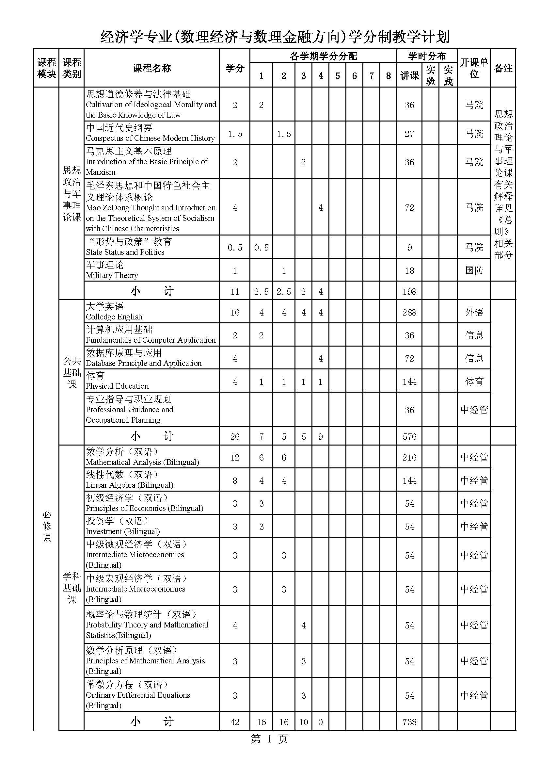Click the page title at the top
point(275,36)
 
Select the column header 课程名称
point(151,68)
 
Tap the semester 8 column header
point(388,76)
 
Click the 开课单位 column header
point(474,68)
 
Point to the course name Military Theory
point(112,270)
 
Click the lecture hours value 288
point(409,312)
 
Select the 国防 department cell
point(474,270)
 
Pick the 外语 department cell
point(474,312)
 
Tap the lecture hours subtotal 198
point(409,291)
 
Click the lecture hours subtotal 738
point(409,722)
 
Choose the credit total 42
point(235,722)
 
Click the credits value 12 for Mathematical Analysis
point(235,457)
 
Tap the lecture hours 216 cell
point(409,457)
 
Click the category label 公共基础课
point(71,372)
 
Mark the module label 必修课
point(47,526)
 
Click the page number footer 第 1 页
point(269,740)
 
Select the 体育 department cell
point(474,381)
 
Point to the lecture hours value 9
point(409,247)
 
